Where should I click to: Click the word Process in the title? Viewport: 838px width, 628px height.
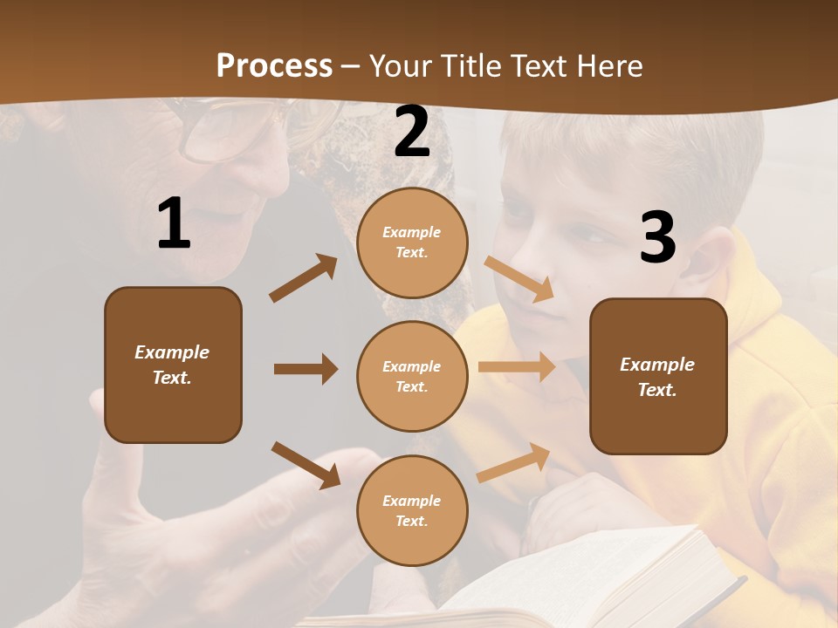tap(274, 66)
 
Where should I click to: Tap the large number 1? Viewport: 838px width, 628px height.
tap(174, 224)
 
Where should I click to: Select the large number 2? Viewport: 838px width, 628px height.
tap(412, 133)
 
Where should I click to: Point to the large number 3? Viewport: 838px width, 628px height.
tap(657, 237)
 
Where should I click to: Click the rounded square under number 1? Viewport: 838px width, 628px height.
tap(173, 365)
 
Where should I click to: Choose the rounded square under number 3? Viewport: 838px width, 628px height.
tap(658, 376)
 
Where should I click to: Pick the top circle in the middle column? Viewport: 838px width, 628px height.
tap(412, 242)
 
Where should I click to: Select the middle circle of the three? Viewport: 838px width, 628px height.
tap(412, 376)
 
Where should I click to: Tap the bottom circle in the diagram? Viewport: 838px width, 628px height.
tap(412, 510)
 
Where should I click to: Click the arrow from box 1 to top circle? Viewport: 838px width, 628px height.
tap(304, 277)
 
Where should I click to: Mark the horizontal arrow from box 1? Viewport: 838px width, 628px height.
tap(306, 369)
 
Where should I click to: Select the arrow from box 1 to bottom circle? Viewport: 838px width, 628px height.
tap(306, 464)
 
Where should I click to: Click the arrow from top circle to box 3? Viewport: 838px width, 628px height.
tap(519, 278)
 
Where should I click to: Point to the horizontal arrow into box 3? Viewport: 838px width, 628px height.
tap(517, 367)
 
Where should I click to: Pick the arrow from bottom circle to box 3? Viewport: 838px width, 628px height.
tap(514, 461)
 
